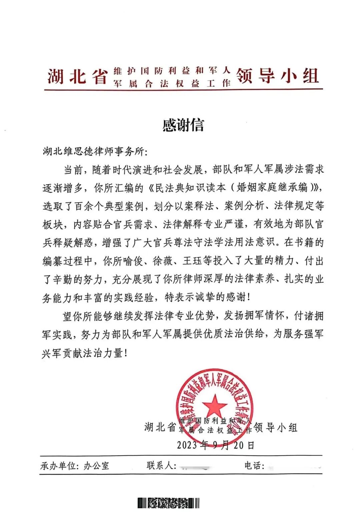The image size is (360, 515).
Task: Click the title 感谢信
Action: point(183,125)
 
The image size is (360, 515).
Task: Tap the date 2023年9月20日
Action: point(216,445)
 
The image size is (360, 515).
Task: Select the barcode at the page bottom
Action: point(169,503)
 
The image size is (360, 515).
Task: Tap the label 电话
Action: point(254,465)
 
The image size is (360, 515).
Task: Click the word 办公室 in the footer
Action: point(96,466)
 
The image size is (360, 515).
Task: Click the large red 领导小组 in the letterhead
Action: point(278,76)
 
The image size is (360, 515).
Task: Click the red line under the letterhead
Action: point(183,89)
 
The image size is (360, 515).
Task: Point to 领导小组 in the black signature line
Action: point(276,427)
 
